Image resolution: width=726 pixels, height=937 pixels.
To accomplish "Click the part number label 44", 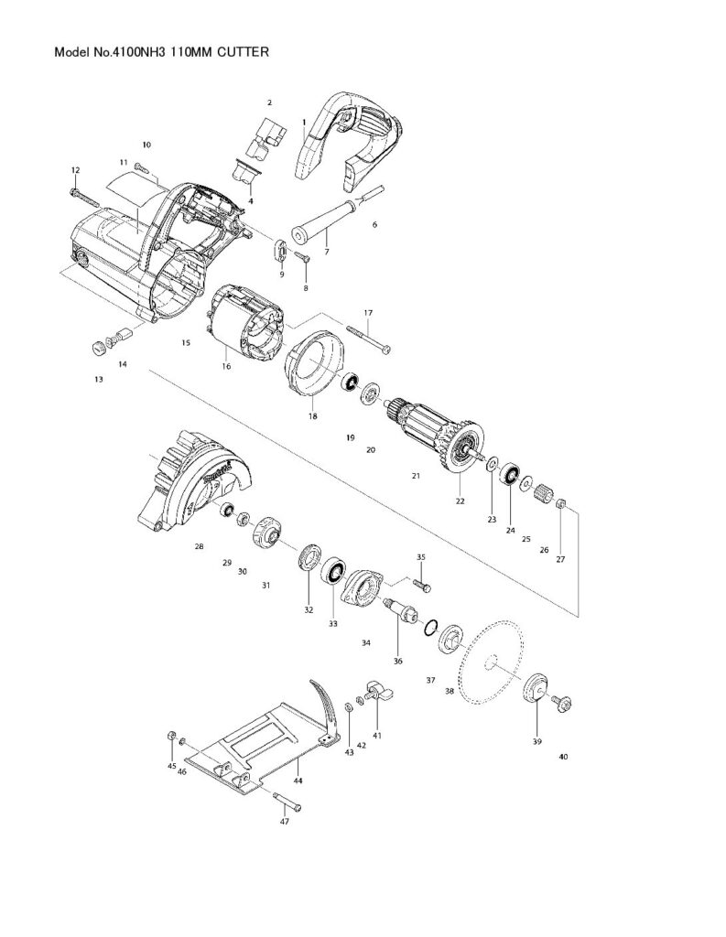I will [298, 782].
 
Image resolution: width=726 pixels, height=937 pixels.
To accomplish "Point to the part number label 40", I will [562, 757].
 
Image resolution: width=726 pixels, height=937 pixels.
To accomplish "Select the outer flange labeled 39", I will [535, 688].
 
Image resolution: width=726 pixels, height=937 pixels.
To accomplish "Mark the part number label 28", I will [199, 546].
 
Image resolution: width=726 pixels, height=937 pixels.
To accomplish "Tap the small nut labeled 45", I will [172, 737].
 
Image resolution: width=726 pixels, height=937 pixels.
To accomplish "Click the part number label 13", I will [98, 377].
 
